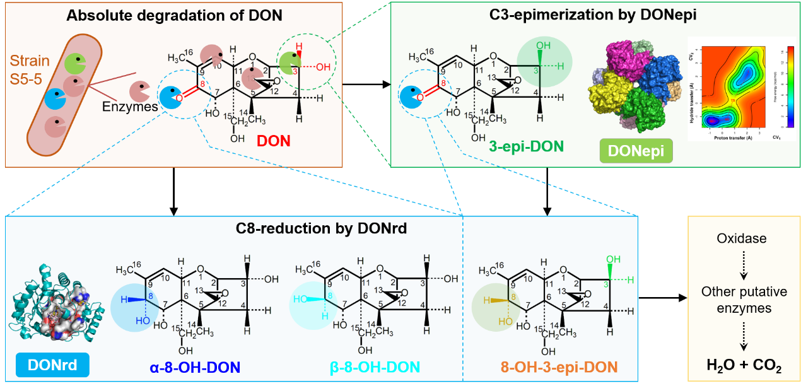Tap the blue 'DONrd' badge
point(52,365)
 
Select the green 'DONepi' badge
point(635,152)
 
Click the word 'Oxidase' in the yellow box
point(743,239)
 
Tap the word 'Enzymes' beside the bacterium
point(130,107)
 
